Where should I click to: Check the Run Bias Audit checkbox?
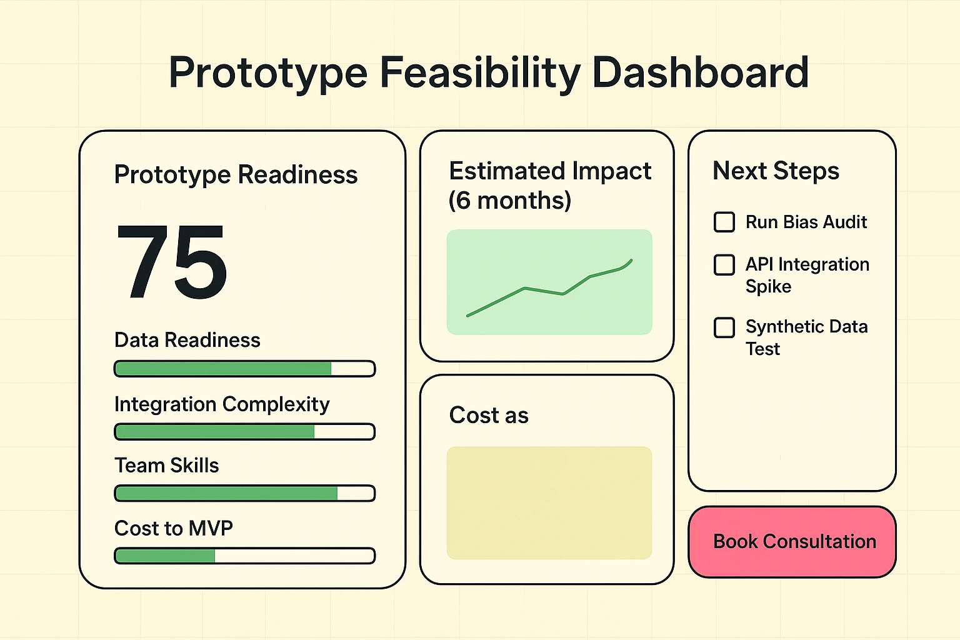[724, 222]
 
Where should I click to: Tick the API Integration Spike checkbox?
[724, 265]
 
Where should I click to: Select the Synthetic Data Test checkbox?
[724, 327]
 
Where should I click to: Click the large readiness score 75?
[172, 262]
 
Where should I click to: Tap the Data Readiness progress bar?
[244, 369]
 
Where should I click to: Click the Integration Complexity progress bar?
[244, 432]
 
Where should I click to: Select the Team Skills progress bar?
[244, 493]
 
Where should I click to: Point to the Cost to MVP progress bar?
[244, 556]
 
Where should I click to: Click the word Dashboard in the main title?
[700, 72]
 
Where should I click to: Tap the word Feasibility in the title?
[480, 74]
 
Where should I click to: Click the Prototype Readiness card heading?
[236, 175]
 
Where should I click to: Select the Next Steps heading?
[776, 171]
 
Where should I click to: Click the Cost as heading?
[489, 415]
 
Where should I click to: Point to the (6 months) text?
[510, 201]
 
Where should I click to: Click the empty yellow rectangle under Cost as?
[549, 502]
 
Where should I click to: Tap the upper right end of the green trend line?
[631, 261]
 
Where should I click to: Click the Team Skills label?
[166, 466]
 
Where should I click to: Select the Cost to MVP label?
[173, 528]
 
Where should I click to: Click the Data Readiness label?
[187, 340]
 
